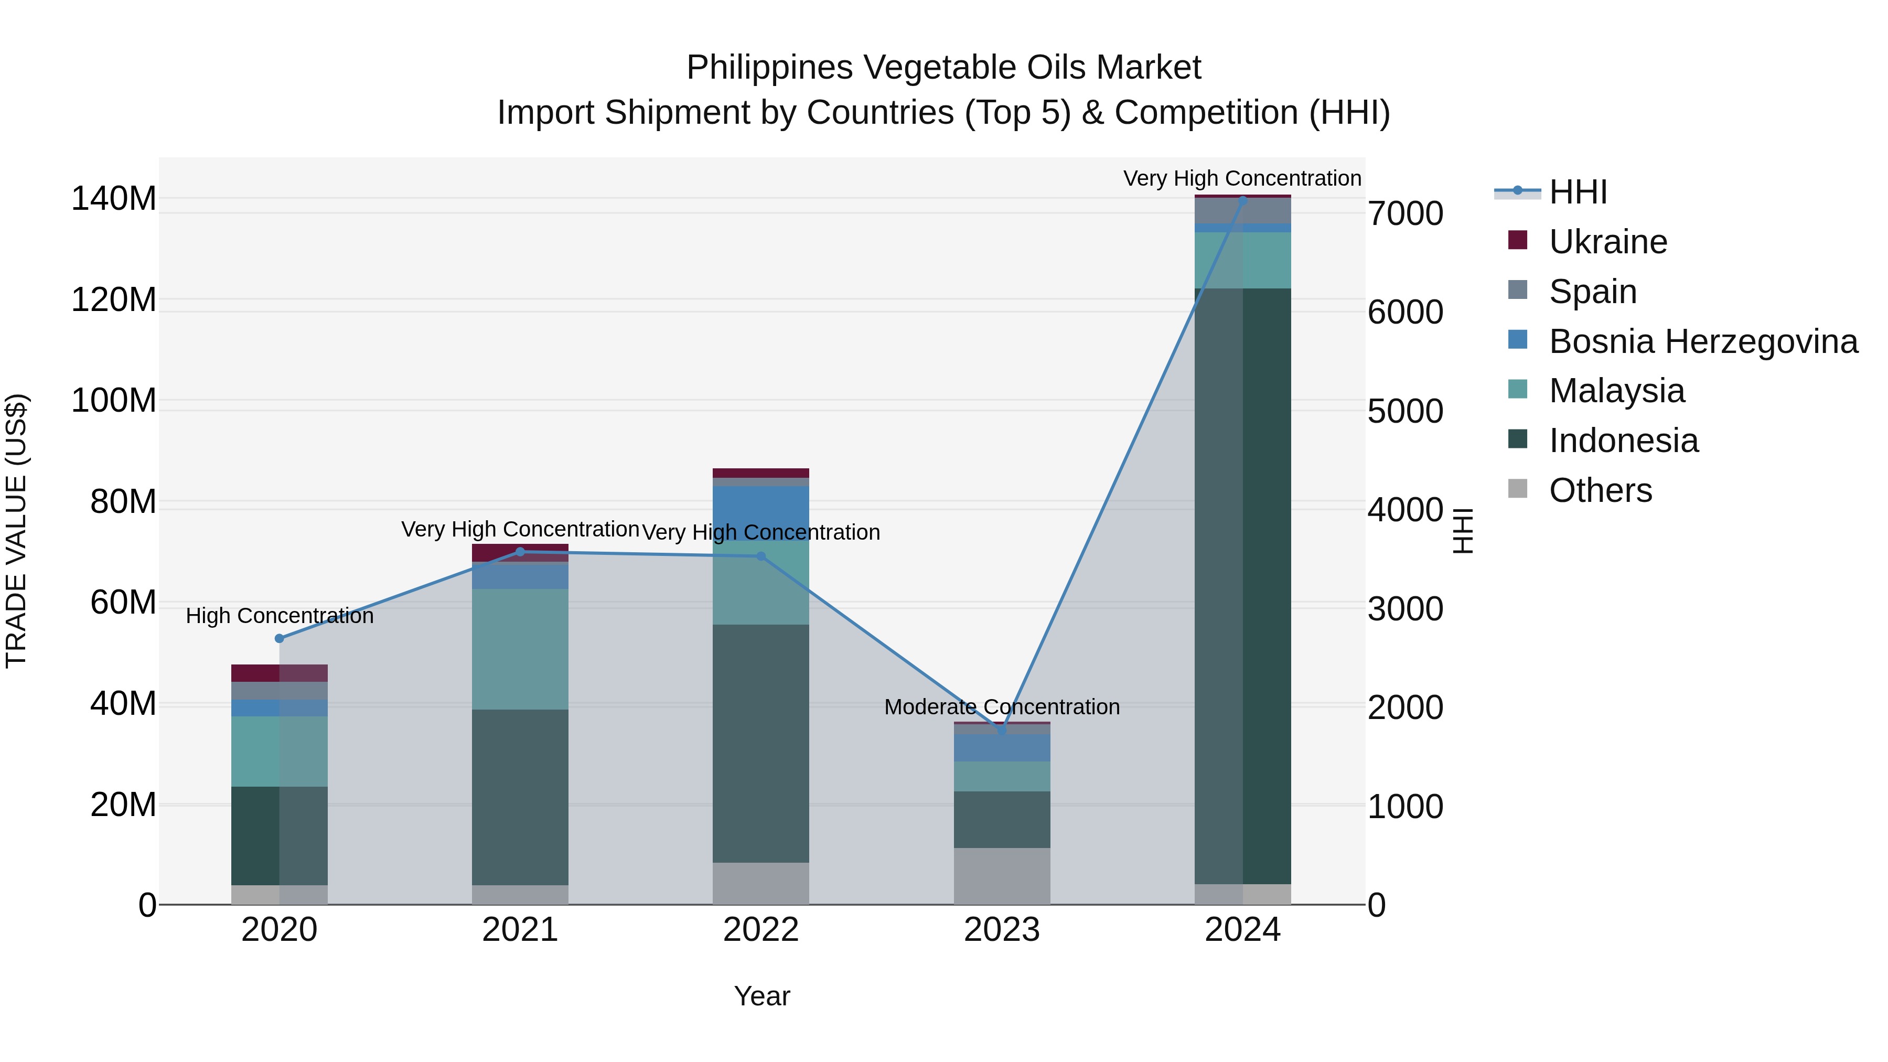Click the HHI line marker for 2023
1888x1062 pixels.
click(1001, 730)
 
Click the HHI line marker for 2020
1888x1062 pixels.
click(279, 638)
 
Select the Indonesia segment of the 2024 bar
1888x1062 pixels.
click(1242, 586)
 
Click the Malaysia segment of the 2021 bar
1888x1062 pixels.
click(520, 649)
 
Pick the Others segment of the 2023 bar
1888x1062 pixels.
click(1001, 876)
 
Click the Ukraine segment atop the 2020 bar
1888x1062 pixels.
click(279, 673)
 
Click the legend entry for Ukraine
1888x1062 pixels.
click(1607, 242)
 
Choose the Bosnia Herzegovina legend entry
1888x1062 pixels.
click(1702, 341)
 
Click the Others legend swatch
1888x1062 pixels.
click(1517, 489)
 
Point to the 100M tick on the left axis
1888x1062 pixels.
click(114, 401)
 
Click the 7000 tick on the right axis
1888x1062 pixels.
click(1405, 214)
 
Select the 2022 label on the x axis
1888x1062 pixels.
click(761, 930)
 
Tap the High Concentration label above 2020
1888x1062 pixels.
click(279, 616)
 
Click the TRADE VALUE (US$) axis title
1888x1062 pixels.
click(16, 531)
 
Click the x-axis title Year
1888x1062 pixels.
click(761, 996)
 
